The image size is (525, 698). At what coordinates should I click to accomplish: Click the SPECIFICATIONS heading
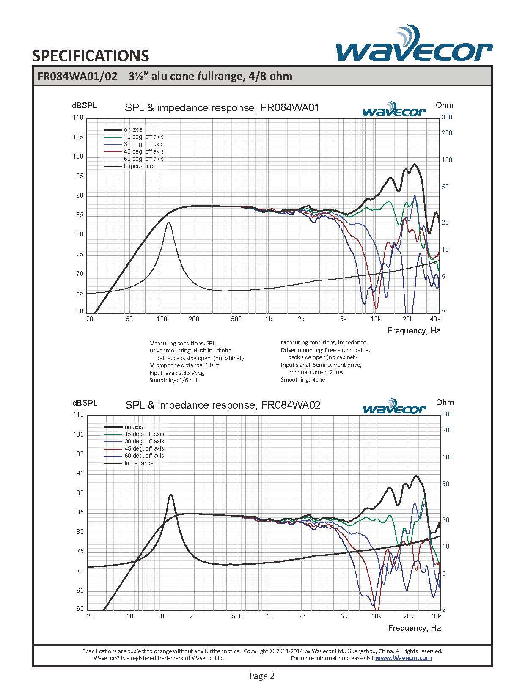[x=91, y=56]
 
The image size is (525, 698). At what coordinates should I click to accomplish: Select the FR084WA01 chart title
[x=222, y=108]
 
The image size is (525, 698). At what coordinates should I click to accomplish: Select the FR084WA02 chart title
[x=223, y=405]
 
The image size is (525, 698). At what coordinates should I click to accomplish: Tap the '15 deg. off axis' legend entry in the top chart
[x=134, y=137]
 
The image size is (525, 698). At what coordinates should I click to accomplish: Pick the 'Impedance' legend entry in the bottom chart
[x=129, y=463]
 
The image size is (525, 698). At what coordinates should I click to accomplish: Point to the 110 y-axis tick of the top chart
[x=78, y=118]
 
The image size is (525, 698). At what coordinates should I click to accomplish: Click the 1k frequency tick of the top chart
[x=269, y=319]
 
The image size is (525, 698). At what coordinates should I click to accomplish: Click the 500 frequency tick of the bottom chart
[x=237, y=616]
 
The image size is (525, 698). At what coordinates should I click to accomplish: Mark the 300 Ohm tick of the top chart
[x=447, y=117]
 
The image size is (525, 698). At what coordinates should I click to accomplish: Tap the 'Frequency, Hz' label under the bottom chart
[x=414, y=628]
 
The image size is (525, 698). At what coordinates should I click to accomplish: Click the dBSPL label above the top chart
[x=84, y=106]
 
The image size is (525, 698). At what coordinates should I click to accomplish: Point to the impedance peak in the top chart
[x=168, y=223]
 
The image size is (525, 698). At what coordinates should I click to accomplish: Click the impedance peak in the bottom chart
[x=170, y=495]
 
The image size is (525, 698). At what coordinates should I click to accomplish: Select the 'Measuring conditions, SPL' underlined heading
[x=182, y=343]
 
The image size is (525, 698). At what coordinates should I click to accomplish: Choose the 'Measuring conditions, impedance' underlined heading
[x=323, y=343]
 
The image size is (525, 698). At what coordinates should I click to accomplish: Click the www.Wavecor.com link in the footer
[x=404, y=658]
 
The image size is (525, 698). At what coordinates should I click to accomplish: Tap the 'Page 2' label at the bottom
[x=262, y=676]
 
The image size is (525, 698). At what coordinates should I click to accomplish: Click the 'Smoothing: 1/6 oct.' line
[x=174, y=380]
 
